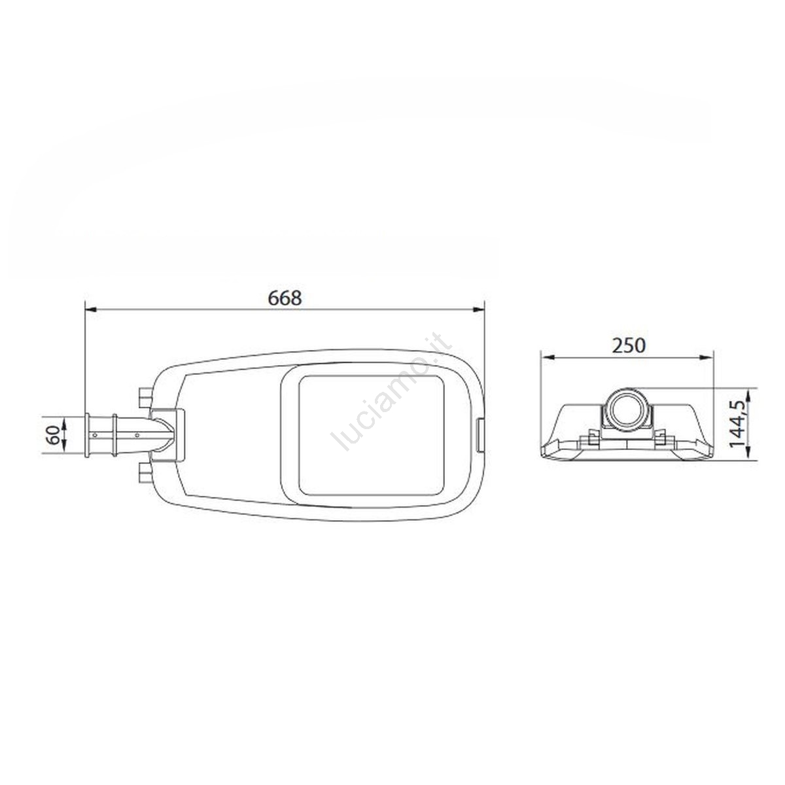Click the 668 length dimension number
pyautogui.click(x=285, y=298)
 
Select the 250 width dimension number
pyautogui.click(x=629, y=345)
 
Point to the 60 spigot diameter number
pyautogui.click(x=54, y=434)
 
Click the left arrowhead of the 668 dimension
pyautogui.click(x=90, y=310)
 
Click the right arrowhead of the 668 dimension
pyautogui.click(x=479, y=310)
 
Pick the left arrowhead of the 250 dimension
pyautogui.click(x=547, y=357)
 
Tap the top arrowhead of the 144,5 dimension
pyautogui.click(x=748, y=393)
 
